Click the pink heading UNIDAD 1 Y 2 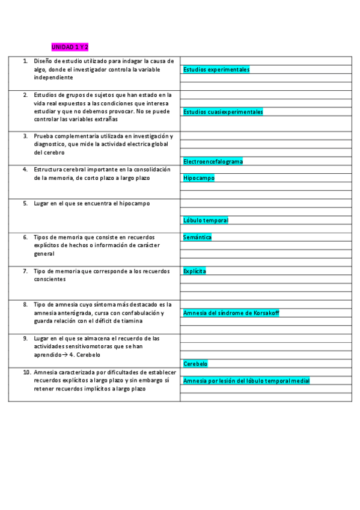(x=70, y=47)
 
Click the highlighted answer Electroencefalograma (x=213, y=161)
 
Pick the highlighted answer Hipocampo (x=198, y=178)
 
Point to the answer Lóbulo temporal (x=206, y=220)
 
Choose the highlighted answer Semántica (x=197, y=237)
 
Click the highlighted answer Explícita (x=195, y=271)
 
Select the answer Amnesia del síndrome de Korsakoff (x=231, y=313)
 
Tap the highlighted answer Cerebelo (x=195, y=363)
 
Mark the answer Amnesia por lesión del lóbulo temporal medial (x=246, y=381)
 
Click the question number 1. (x=25, y=61)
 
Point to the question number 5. (x=25, y=203)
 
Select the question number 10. (x=26, y=372)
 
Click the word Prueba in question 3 (x=43, y=136)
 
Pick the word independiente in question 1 (x=53, y=78)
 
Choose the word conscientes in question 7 (x=49, y=279)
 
